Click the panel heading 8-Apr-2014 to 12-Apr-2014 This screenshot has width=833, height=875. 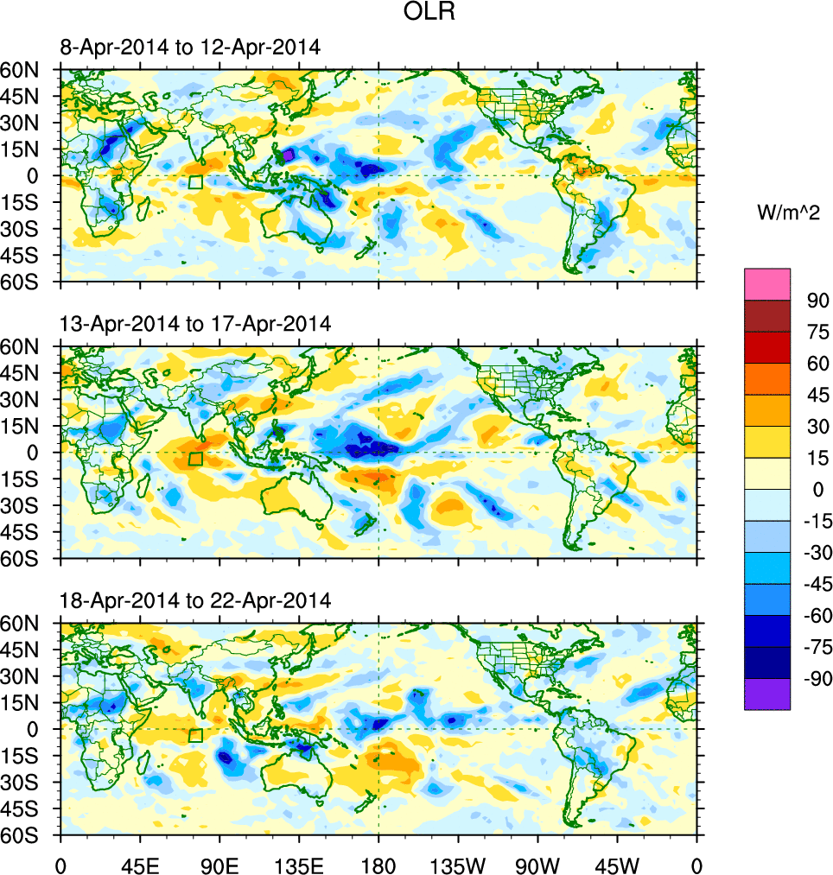point(190,48)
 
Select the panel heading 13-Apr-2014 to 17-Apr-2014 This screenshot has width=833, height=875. point(195,324)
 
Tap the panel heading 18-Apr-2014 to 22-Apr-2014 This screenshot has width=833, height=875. point(195,600)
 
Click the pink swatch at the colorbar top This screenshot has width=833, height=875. point(767,283)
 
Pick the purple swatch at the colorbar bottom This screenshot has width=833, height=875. point(767,694)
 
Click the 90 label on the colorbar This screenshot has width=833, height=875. point(817,301)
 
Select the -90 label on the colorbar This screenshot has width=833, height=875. point(814,678)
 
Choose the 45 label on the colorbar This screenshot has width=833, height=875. point(817,395)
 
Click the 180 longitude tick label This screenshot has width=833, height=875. point(378,864)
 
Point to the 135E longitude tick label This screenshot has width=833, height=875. point(299,864)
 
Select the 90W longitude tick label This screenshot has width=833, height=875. point(537,864)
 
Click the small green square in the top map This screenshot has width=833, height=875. point(195,182)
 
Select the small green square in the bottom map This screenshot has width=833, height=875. point(195,735)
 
